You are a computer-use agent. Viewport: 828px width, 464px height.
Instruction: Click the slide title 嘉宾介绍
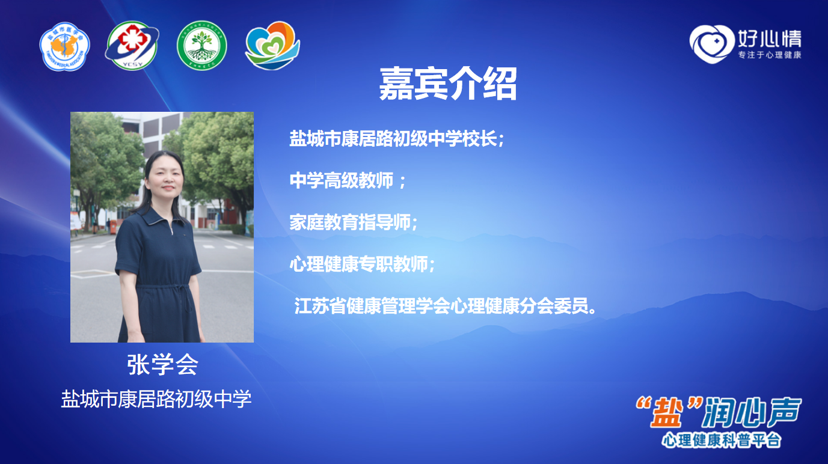click(447, 84)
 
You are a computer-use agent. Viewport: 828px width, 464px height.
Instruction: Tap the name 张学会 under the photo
click(162, 364)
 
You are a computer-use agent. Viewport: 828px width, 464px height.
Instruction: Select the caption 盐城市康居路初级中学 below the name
click(156, 399)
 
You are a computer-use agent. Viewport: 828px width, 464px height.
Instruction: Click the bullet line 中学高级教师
click(348, 181)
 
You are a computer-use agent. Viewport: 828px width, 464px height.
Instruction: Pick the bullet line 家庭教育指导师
click(354, 222)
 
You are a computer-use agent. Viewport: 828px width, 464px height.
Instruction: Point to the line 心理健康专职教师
click(362, 264)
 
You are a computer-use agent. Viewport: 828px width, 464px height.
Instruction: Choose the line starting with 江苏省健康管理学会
click(445, 306)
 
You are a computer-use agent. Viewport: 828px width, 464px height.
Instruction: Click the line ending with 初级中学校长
click(397, 139)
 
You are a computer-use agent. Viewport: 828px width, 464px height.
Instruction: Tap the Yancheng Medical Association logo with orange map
click(65, 46)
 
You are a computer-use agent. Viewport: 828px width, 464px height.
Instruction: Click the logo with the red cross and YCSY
click(132, 46)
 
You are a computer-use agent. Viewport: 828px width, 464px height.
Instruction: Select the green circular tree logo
click(202, 46)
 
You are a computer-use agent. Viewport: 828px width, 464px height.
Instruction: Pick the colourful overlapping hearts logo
click(272, 46)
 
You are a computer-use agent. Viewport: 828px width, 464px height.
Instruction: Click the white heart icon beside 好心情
click(711, 44)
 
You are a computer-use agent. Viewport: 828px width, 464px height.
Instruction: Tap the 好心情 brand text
click(770, 38)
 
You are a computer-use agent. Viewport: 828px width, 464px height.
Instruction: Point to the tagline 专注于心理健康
click(770, 55)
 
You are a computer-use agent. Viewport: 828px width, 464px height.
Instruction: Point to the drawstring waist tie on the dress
click(182, 296)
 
